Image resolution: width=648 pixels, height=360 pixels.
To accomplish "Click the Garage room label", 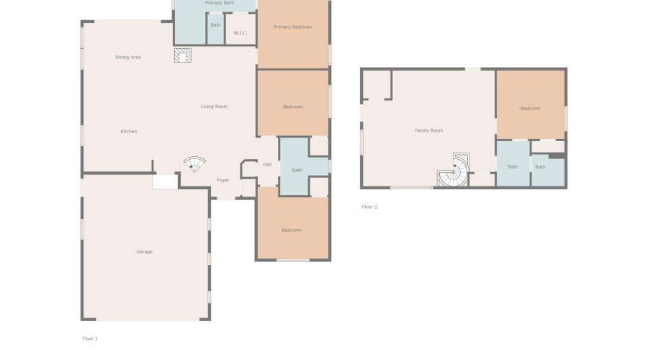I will tap(144, 252).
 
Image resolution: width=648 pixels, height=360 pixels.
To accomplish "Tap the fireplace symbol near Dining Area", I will tap(183, 56).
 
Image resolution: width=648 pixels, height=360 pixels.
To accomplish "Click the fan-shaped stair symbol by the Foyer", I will tap(194, 164).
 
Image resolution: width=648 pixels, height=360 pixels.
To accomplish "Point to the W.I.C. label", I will tap(240, 32).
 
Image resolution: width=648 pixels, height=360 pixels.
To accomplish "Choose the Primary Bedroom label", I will tap(292, 27).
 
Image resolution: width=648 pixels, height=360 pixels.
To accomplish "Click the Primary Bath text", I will tap(219, 3).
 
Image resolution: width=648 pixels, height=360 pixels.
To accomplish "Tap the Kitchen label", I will tap(128, 131).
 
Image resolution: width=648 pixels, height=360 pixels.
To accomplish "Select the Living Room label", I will tap(214, 107).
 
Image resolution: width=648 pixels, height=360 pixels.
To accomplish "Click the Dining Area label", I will tap(127, 57).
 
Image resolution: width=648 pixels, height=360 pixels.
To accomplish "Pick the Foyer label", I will tap(223, 180).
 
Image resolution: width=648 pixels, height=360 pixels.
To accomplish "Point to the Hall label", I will tap(267, 164).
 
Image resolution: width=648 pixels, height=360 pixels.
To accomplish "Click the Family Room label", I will tap(428, 130).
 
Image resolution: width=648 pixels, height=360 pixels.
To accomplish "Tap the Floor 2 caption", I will tap(369, 207).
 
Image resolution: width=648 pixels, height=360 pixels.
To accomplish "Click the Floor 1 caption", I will tap(90, 338).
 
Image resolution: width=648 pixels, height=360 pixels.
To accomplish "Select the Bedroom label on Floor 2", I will tap(530, 108).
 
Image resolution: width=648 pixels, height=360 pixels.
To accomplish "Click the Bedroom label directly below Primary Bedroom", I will tap(292, 107).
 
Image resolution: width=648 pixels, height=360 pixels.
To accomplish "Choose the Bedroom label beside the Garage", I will tap(291, 230).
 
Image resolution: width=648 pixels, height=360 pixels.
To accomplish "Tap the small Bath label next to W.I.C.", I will tap(215, 25).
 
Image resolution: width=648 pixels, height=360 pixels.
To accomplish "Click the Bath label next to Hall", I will tap(297, 170).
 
